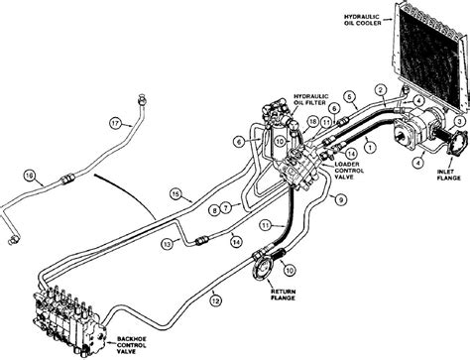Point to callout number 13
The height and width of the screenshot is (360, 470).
point(168,244)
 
